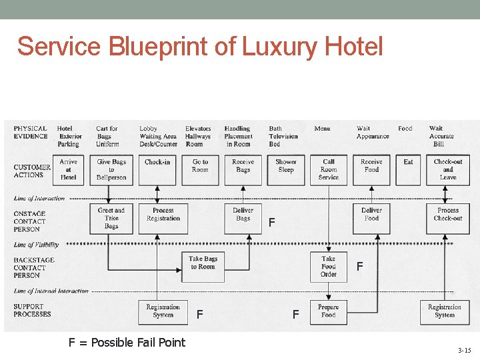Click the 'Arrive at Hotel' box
click(x=68, y=170)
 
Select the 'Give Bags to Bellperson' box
click(x=111, y=170)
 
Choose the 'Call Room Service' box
click(x=329, y=170)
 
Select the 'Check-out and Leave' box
click(x=448, y=170)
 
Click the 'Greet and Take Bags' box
click(x=111, y=218)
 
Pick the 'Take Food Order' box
click(x=329, y=266)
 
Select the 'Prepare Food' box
click(x=329, y=312)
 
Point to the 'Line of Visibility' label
click(x=37, y=245)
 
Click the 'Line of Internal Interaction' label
click(x=51, y=291)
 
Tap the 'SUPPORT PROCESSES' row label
click(x=33, y=310)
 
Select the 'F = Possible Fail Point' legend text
click(x=127, y=342)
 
